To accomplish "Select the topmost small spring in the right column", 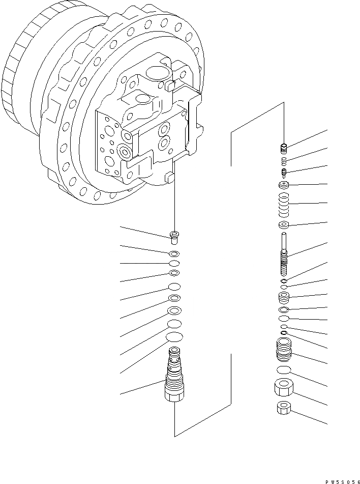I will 284,148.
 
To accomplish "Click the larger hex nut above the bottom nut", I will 283,389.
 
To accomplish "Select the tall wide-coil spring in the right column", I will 284,204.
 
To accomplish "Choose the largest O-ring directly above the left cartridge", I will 174,337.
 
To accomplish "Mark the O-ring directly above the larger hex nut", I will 283,369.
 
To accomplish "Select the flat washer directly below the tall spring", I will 284,225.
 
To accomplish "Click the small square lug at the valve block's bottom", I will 170,179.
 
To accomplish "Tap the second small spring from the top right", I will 284,161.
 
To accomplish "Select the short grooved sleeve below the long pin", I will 284,297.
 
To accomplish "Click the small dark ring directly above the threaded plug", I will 283,333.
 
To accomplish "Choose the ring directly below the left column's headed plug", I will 174,253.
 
